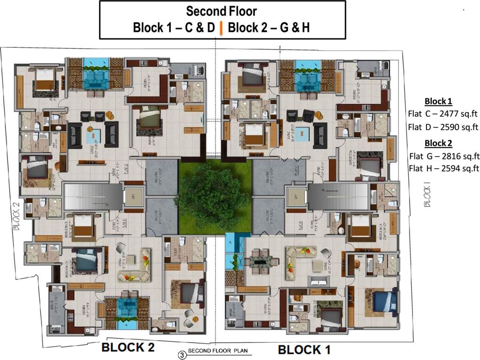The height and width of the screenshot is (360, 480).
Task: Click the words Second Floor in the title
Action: (x=222, y=11)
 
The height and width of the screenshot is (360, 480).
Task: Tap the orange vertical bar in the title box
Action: (x=221, y=28)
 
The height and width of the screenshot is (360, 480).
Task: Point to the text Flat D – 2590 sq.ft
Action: (x=442, y=127)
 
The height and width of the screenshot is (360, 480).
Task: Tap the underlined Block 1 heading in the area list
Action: (x=438, y=101)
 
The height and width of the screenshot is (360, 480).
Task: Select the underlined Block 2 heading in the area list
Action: (x=438, y=143)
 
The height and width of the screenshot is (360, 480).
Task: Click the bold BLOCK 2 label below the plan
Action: (x=128, y=347)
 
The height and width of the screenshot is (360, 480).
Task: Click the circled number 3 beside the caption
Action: (x=182, y=355)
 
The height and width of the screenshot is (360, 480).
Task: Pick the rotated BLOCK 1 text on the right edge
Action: (x=426, y=196)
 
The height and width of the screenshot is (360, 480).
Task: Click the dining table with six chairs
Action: (x=260, y=262)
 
